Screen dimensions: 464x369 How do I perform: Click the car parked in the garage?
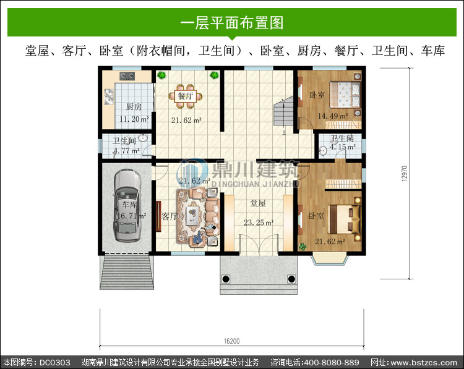(127, 205)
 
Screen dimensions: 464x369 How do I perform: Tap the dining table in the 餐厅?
(186, 96)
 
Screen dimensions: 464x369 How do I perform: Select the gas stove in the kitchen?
(127, 76)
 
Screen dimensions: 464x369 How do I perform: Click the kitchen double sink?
(109, 96)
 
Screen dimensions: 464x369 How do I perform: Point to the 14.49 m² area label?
(333, 116)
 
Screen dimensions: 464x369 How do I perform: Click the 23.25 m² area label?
(259, 223)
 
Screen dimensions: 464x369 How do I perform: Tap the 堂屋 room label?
(258, 203)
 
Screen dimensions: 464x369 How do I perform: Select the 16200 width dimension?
(232, 341)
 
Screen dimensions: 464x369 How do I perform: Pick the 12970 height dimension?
(404, 173)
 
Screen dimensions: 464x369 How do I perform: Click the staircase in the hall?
(283, 112)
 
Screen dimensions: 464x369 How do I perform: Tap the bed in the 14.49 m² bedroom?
(345, 95)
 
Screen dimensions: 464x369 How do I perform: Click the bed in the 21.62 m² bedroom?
(345, 219)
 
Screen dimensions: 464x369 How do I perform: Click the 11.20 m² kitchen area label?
(134, 119)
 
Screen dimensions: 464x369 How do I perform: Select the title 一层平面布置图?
(232, 23)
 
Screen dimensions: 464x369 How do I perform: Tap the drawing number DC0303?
(55, 362)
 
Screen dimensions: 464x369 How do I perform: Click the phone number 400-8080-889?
(332, 362)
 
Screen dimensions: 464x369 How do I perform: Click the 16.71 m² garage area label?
(131, 216)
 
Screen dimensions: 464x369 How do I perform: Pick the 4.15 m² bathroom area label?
(343, 147)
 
